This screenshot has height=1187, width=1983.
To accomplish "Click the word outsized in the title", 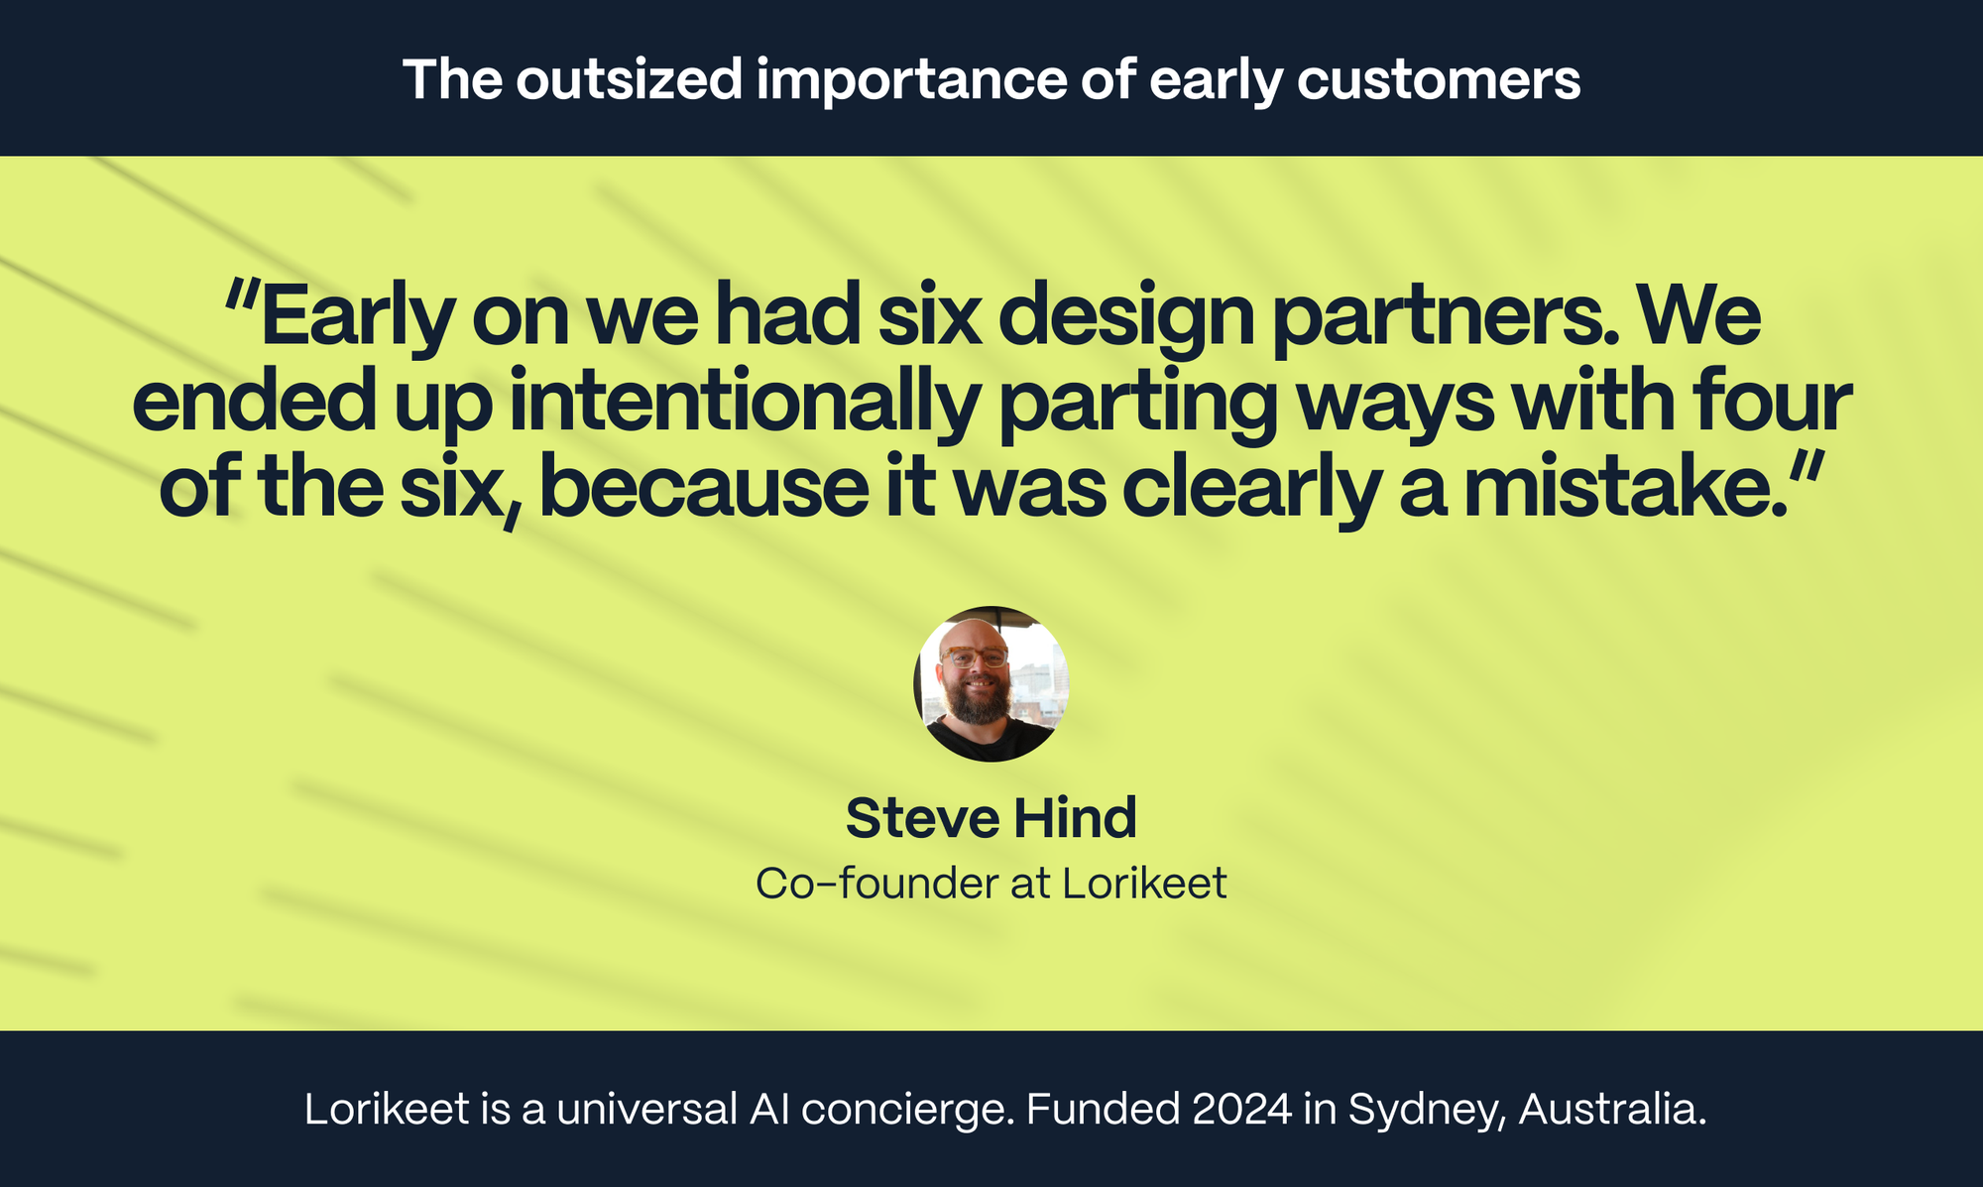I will coord(629,79).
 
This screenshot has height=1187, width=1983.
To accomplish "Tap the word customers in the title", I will coord(1438,79).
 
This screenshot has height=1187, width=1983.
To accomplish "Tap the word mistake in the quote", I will coord(1626,488).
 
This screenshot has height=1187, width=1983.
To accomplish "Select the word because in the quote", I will coord(704,488).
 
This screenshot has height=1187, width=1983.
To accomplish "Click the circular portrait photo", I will coord(991,684).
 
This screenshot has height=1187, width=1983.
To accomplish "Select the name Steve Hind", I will coord(991,818).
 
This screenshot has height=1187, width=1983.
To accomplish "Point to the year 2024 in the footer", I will coord(1242,1109).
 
